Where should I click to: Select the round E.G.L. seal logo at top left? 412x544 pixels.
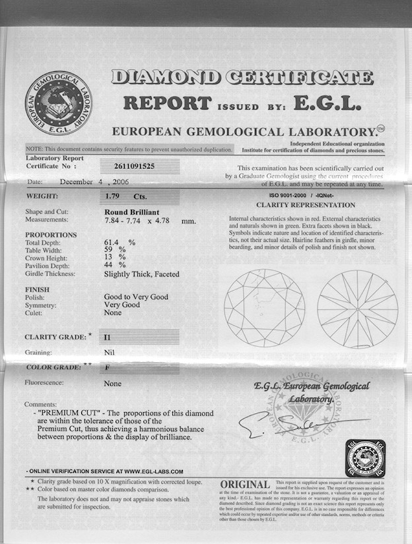pyautogui.click(x=58, y=104)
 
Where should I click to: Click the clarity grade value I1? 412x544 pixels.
pyautogui.click(x=108, y=337)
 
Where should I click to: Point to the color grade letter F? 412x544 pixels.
pyautogui.click(x=107, y=366)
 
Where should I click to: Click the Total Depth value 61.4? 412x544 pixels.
pyautogui.click(x=114, y=242)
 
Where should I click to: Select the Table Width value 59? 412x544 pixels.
pyautogui.click(x=109, y=250)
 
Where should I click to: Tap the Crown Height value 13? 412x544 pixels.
pyautogui.click(x=109, y=258)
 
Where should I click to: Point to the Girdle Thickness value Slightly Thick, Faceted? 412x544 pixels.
pyautogui.click(x=141, y=274)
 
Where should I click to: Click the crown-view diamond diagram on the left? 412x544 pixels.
pyautogui.click(x=263, y=308)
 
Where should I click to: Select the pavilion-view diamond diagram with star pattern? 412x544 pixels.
pyautogui.click(x=357, y=308)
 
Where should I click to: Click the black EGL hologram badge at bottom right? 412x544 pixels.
pyautogui.click(x=365, y=458)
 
